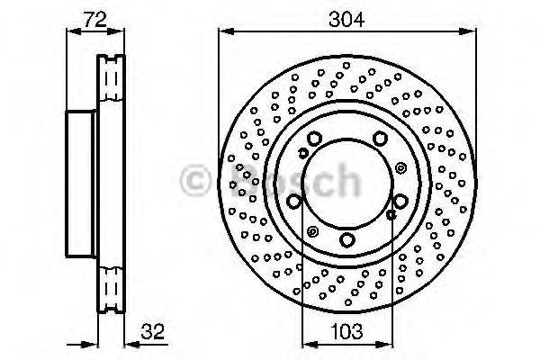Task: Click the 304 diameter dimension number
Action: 346,20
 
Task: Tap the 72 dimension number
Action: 95,20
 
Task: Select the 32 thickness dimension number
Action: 153,332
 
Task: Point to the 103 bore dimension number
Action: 346,331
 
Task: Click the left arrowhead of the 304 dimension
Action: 227,31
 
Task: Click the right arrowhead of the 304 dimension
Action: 468,31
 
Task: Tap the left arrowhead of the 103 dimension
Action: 310,344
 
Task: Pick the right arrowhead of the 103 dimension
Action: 384,344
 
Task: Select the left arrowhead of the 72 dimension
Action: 74,31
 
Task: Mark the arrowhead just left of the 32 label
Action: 132,344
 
